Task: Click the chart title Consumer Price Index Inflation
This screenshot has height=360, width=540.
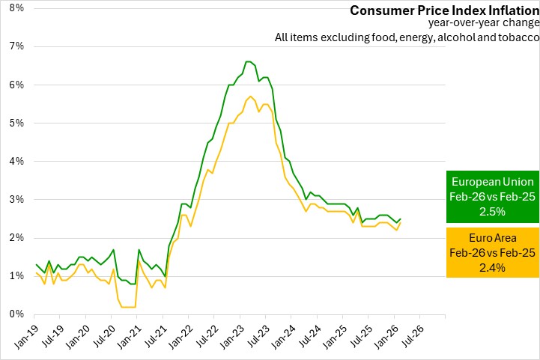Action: pyautogui.click(x=444, y=10)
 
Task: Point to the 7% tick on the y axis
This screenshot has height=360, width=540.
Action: pyautogui.click(x=16, y=46)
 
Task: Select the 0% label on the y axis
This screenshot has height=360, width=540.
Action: pyautogui.click(x=16, y=314)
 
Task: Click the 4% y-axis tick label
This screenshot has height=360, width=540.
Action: pyautogui.click(x=16, y=161)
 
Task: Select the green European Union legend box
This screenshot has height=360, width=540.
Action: pyautogui.click(x=492, y=197)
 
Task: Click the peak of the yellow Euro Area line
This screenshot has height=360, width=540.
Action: pyautogui.click(x=249, y=97)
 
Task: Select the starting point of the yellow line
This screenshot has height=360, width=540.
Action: pyautogui.click(x=36, y=272)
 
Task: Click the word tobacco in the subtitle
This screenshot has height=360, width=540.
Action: pyautogui.click(x=518, y=38)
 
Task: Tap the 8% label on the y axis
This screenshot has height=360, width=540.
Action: pyautogui.click(x=16, y=8)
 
